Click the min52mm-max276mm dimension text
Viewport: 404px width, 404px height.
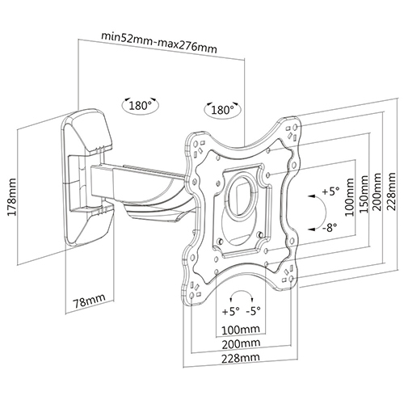pyautogui.click(x=158, y=36)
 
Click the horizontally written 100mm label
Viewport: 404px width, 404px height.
pyautogui.click(x=243, y=330)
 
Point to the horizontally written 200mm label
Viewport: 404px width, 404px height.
pyautogui.click(x=244, y=343)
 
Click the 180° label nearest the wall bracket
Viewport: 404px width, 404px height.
pyautogui.click(x=139, y=105)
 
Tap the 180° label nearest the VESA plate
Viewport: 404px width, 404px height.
pyautogui.click(x=221, y=110)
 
